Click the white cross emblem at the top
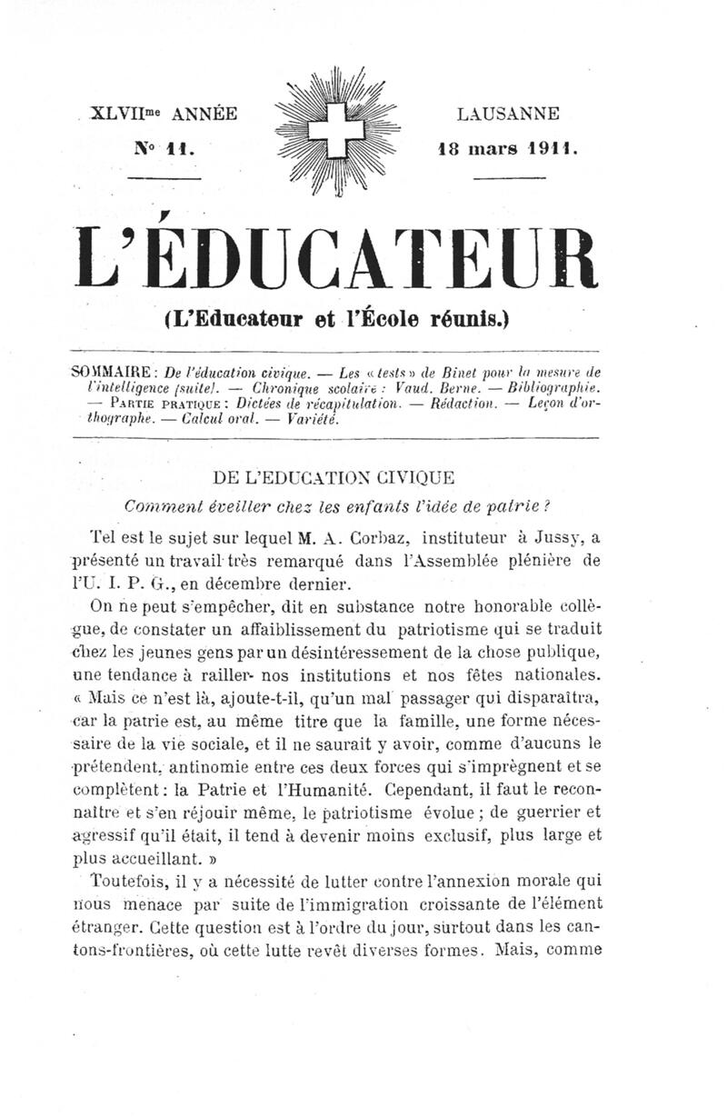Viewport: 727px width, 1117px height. (328, 130)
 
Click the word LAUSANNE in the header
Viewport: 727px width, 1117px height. (508, 115)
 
